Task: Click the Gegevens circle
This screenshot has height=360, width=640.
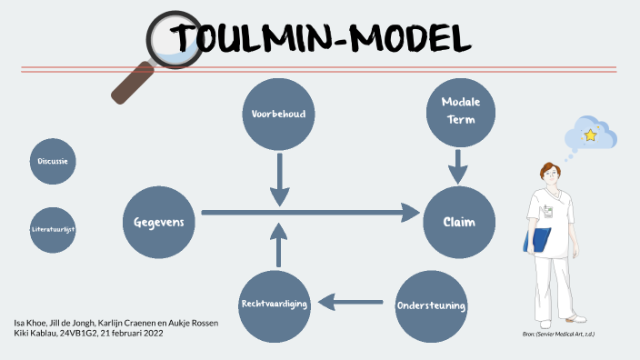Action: pos(159,223)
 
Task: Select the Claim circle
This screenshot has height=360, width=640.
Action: pos(459,222)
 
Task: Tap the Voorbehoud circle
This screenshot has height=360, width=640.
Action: pos(278,115)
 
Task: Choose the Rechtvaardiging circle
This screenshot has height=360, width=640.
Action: pos(275,304)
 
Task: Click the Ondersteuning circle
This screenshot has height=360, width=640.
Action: pos(432,305)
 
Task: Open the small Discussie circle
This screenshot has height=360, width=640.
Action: pos(53,162)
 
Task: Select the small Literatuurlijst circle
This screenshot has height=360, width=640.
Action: pos(53,230)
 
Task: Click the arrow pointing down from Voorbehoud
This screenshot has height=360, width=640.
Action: pos(279,180)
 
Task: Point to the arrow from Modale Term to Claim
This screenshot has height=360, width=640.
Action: pos(460,167)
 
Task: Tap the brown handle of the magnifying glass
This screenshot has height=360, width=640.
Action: pos(129,85)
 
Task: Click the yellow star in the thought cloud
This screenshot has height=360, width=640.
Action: pos(591,136)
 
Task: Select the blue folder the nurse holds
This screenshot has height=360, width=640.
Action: pos(541,239)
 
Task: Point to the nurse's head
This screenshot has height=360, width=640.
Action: pos(551,174)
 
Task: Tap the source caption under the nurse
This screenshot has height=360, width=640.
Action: pos(559,335)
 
